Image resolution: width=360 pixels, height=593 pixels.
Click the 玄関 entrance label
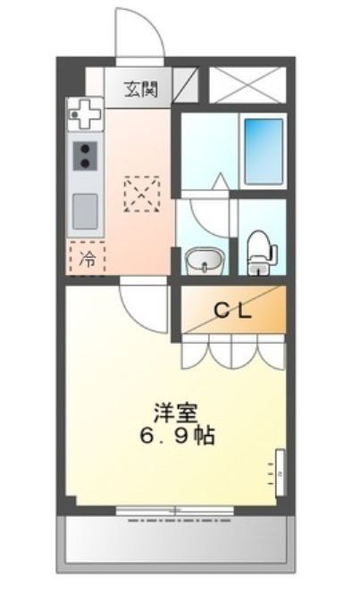(x=141, y=88)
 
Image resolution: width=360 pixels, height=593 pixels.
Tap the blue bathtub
(x=264, y=140)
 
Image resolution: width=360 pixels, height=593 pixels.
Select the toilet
(x=259, y=250)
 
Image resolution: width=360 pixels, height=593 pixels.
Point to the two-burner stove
(x=86, y=155)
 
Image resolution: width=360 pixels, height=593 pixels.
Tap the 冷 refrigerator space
(x=88, y=260)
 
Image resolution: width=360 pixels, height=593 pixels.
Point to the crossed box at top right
(x=247, y=85)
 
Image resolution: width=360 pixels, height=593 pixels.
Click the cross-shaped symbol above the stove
(x=86, y=113)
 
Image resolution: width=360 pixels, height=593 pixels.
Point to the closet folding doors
(x=233, y=350)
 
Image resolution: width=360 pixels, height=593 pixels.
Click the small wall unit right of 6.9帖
(x=278, y=470)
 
